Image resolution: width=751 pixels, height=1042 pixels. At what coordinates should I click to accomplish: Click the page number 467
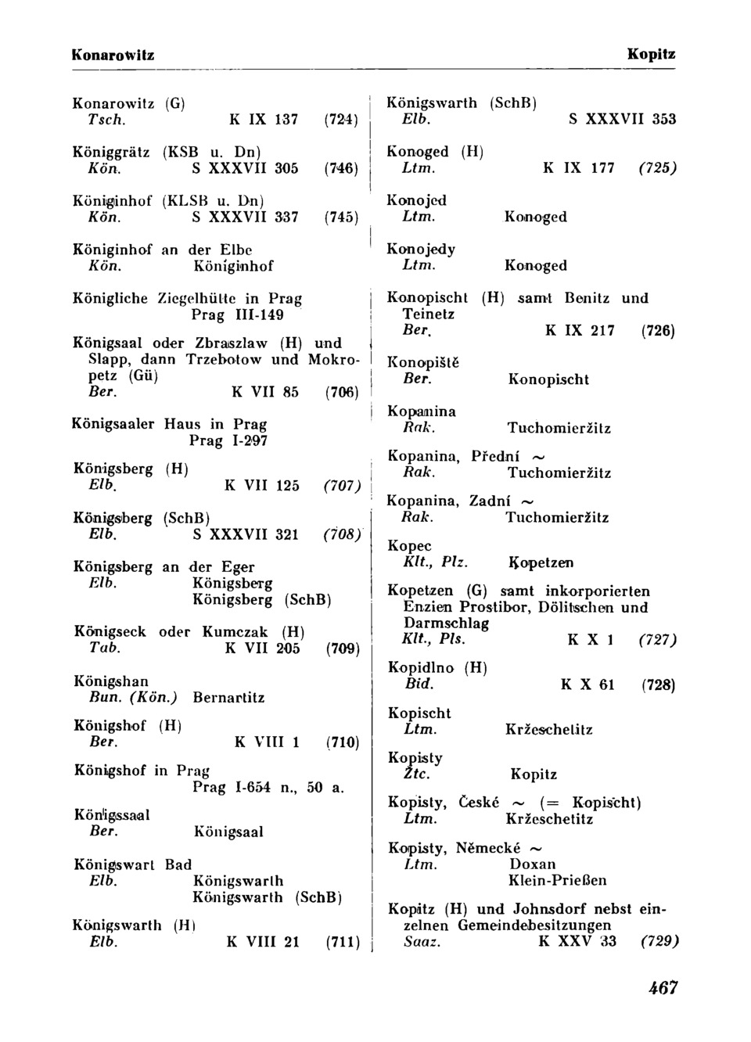[663, 988]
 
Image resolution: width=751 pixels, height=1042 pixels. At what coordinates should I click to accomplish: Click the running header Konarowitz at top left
[113, 55]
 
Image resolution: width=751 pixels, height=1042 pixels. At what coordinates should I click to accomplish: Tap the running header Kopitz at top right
[651, 55]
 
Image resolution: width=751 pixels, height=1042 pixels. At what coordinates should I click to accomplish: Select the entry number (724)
[341, 120]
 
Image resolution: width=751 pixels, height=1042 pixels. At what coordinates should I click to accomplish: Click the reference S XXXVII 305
[245, 168]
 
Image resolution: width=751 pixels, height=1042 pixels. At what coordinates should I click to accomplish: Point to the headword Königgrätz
[111, 152]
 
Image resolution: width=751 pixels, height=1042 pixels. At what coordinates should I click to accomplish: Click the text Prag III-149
[237, 314]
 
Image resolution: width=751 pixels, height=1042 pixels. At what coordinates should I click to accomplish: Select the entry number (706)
[341, 392]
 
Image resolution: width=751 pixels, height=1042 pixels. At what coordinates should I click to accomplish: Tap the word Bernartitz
[228, 697]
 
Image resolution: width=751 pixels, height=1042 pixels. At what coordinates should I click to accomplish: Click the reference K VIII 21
[263, 942]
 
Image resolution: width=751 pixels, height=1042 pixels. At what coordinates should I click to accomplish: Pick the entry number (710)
[342, 742]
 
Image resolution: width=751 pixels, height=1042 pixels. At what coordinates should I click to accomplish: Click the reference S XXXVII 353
[622, 119]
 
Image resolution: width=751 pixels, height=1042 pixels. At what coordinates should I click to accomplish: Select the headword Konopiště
[423, 362]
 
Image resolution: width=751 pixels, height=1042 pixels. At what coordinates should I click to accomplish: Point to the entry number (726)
[658, 331]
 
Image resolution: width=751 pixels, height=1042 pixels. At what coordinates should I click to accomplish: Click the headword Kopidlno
[421, 668]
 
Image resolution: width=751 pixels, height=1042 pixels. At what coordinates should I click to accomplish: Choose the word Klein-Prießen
[557, 880]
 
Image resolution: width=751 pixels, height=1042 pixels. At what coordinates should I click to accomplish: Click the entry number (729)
[659, 941]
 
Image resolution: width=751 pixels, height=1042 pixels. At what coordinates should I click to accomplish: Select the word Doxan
[532, 864]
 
